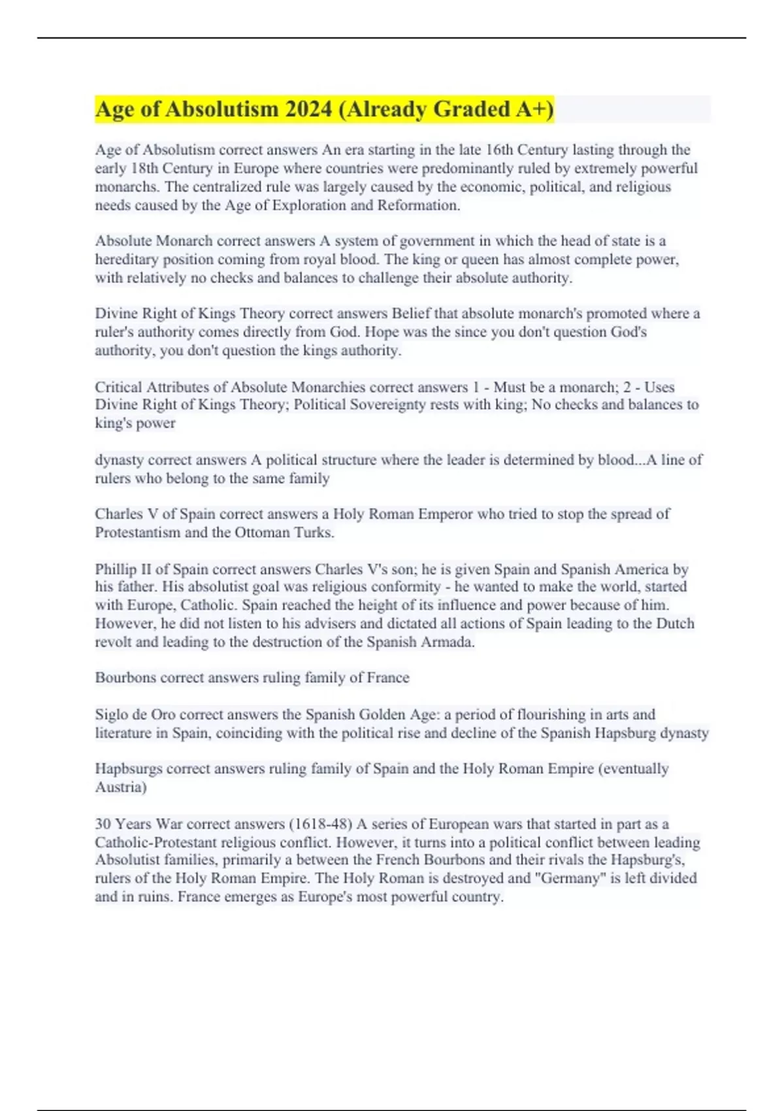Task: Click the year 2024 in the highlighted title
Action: [x=308, y=109]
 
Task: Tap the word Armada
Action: [x=450, y=642]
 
